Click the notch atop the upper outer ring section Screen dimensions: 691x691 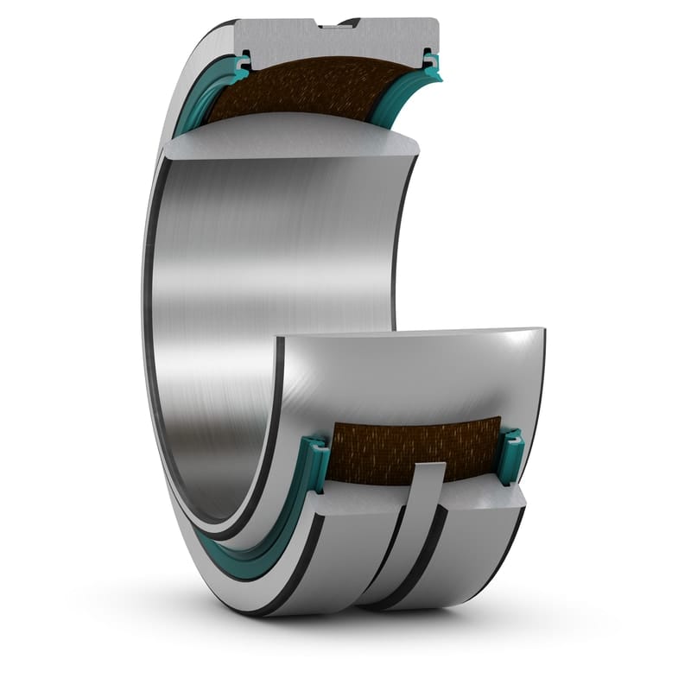point(337,23)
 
